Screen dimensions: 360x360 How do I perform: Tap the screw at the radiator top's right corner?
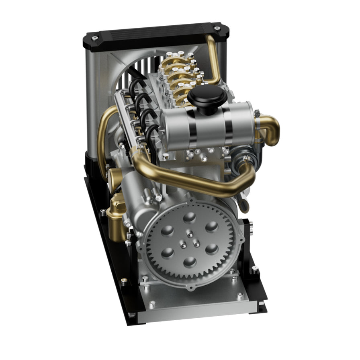(217, 29)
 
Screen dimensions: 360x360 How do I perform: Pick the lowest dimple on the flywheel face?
(189, 262)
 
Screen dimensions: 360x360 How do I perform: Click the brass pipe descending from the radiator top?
(214, 60)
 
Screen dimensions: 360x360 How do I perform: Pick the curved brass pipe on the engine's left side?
(104, 137)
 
